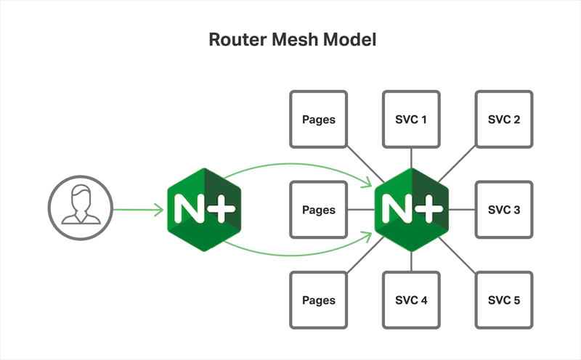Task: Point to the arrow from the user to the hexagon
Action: [x=138, y=210]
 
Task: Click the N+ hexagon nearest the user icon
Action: [x=203, y=210]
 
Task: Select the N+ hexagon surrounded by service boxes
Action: [x=411, y=210]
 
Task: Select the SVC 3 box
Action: [x=503, y=210]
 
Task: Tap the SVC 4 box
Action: [x=411, y=300]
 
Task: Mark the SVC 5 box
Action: [x=503, y=300]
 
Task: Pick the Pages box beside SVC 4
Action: [x=318, y=300]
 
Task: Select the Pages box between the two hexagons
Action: [x=318, y=210]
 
